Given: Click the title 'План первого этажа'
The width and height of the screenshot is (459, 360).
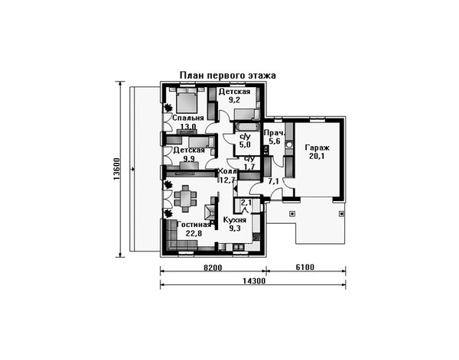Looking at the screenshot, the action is click(227, 76).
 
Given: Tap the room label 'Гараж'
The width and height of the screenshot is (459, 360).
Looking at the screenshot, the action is click(317, 148).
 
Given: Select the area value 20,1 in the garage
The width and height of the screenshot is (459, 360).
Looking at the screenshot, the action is click(317, 156).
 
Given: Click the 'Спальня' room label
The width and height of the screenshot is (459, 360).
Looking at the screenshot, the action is click(188, 118).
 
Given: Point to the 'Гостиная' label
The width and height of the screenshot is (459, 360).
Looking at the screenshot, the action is click(194, 225).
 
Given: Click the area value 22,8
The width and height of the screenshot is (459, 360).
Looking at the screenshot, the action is click(194, 233).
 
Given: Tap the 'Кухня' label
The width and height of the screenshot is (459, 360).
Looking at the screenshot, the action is click(235, 220).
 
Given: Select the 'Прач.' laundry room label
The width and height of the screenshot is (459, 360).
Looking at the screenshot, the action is click(272, 133).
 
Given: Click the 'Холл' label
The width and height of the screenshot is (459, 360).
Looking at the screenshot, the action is click(227, 172).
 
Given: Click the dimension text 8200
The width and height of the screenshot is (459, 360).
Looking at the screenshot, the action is click(213, 268).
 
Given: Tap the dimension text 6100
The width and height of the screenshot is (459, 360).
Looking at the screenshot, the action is click(304, 268).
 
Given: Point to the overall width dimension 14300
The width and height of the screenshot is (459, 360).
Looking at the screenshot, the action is click(254, 281).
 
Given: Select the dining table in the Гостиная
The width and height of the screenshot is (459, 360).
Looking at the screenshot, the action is click(185, 198).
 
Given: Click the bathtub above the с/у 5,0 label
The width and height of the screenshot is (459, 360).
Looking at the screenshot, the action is click(246, 127).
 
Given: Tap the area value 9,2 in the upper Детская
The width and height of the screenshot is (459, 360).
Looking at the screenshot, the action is click(234, 100).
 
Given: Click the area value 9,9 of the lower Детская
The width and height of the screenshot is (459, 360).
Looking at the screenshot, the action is click(189, 159).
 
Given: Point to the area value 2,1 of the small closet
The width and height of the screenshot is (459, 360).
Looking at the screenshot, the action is click(246, 202).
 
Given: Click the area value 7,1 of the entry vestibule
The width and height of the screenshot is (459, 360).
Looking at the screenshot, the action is click(273, 182).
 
